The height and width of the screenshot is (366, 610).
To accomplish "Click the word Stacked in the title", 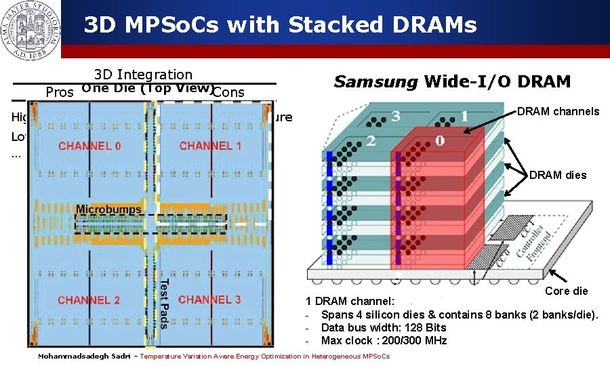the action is click(x=330, y=26).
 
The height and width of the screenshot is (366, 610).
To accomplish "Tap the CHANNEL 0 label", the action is click(x=90, y=146).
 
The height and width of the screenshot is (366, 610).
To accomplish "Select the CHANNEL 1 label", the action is click(x=210, y=146).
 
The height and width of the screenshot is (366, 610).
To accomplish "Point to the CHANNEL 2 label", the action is click(x=89, y=300).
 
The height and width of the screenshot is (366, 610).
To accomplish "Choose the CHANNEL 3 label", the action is click(x=209, y=300).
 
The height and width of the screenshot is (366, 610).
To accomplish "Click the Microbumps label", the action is click(x=108, y=209).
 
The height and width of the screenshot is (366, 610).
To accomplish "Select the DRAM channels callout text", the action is click(x=558, y=111).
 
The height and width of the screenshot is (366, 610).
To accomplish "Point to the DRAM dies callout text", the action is click(x=558, y=176).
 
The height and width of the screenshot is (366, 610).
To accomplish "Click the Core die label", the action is click(x=567, y=291).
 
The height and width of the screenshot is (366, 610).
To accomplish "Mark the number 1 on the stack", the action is click(x=464, y=116).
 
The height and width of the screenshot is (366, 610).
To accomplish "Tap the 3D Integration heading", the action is click(x=143, y=75).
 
